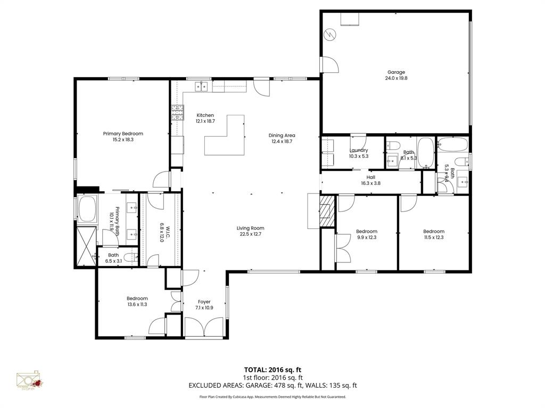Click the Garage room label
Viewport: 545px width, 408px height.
click(396, 72)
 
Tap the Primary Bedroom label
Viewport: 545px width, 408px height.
click(123, 134)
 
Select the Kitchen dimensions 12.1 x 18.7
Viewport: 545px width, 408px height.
click(205, 121)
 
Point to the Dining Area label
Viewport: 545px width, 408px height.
click(282, 135)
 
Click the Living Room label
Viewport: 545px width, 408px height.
click(250, 228)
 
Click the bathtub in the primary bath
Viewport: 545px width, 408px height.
click(87, 209)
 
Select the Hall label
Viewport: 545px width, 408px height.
click(370, 177)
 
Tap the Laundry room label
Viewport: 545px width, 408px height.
click(359, 150)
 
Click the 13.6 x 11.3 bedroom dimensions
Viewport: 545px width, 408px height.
click(137, 304)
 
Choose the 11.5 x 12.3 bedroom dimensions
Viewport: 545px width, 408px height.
click(433, 237)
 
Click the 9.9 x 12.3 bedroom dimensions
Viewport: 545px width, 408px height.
click(366, 237)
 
